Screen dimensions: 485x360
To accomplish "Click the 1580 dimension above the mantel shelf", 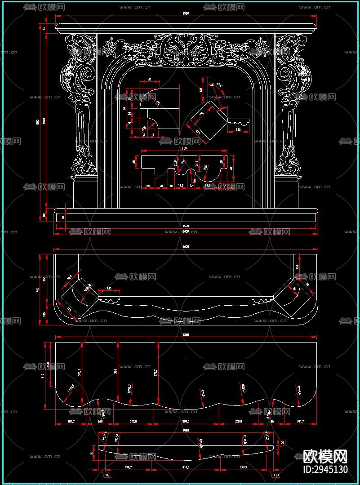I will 186,14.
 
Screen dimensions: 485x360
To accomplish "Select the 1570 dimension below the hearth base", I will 186,225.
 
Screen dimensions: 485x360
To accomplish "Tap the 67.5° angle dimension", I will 219,85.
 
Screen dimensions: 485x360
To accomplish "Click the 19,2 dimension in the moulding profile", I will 181,185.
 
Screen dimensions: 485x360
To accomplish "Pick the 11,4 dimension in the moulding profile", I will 191,185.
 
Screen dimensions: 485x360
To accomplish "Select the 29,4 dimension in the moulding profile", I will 207,185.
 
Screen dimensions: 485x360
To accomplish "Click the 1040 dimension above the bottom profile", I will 186,431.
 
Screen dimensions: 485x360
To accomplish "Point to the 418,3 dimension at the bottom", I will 185,467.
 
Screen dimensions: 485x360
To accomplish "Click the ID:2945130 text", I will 326,470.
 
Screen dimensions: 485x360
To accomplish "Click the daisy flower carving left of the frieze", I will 109,46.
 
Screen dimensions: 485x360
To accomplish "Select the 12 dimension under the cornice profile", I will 144,134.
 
